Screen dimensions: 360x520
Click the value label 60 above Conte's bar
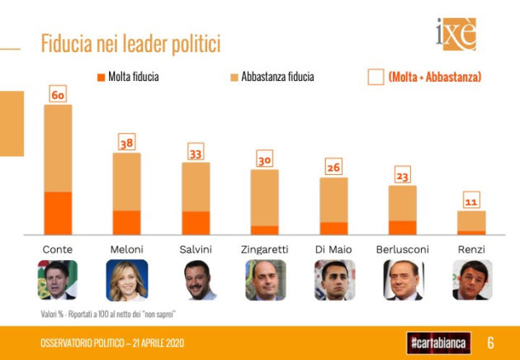coord(58,96)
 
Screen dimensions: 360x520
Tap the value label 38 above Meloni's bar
coord(126,144)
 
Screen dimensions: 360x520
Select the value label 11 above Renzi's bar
coord(471,201)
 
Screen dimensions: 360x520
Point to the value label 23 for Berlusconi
coord(402,176)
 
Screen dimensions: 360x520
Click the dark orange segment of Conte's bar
coord(58,213)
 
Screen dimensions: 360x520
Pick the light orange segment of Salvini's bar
coord(196,187)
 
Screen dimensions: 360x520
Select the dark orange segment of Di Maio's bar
coord(333,228)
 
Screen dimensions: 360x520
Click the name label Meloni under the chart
coord(126,249)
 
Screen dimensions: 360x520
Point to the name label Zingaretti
coord(264,249)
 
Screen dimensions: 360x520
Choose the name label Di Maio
coord(333,249)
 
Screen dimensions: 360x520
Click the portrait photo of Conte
coord(58,280)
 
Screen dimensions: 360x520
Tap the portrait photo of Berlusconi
coord(403,280)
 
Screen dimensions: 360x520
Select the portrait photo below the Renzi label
coord(471,280)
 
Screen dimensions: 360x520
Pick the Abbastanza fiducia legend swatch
coord(234,77)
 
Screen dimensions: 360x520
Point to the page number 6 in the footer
coord(490,342)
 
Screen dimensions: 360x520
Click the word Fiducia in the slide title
coord(69,44)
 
